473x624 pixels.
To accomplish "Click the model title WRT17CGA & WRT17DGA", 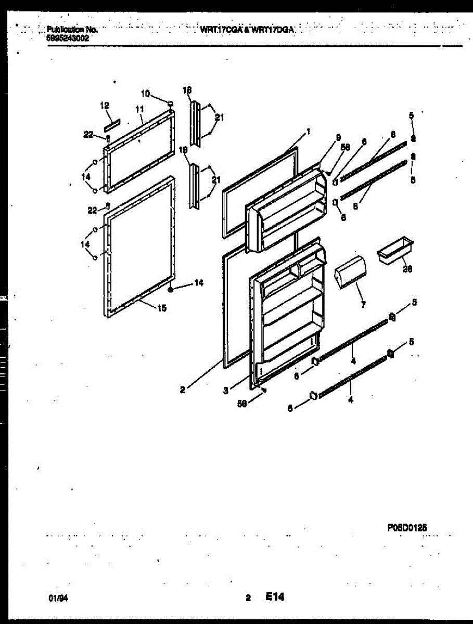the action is point(248,31).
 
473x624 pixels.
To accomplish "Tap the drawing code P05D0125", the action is point(407,526).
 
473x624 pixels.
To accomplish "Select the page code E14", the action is point(274,597).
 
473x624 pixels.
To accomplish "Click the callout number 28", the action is point(407,269).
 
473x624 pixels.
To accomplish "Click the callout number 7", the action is point(363,305).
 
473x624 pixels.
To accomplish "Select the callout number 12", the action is point(105,106).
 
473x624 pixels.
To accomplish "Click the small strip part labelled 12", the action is point(112,125).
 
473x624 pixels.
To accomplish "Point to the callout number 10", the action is point(145,94).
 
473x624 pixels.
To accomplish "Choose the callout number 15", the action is point(162,308).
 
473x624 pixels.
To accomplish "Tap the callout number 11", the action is point(139,109).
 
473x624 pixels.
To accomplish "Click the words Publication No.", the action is point(72,30).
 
